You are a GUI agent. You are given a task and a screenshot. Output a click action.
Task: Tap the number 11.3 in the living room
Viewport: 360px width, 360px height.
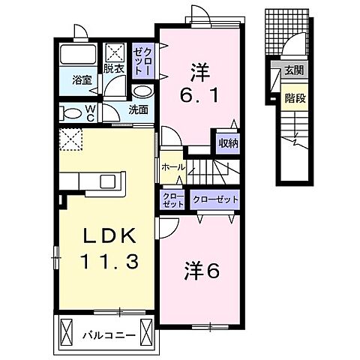click(109, 262)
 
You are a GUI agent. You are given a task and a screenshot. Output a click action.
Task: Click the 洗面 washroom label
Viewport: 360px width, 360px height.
click(137, 109)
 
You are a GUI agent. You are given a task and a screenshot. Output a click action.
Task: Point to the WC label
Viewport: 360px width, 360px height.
click(90, 113)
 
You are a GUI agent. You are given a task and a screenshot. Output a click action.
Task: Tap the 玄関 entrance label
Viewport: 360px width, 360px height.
click(292, 72)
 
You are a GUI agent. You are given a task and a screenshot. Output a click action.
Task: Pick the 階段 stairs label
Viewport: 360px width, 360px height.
click(292, 97)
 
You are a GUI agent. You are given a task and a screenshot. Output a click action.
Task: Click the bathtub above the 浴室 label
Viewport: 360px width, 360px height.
click(77, 55)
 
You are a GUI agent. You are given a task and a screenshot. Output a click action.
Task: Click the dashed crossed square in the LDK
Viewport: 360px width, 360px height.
click(72, 140)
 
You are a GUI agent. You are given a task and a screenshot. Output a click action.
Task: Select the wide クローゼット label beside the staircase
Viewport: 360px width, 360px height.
click(215, 200)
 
